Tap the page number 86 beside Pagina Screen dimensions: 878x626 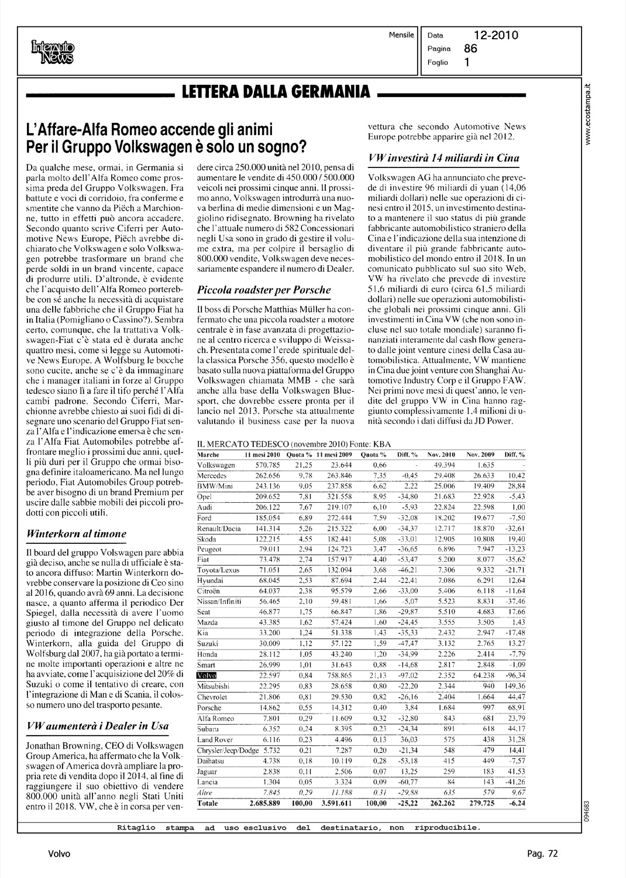[x=471, y=49]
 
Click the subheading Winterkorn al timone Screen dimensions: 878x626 [x=77, y=533]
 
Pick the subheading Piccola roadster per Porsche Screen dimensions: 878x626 [x=264, y=289]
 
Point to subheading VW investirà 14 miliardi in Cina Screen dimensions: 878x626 [x=443, y=158]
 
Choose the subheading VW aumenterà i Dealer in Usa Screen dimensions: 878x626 [x=98, y=725]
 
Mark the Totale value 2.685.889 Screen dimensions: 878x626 [x=265, y=803]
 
